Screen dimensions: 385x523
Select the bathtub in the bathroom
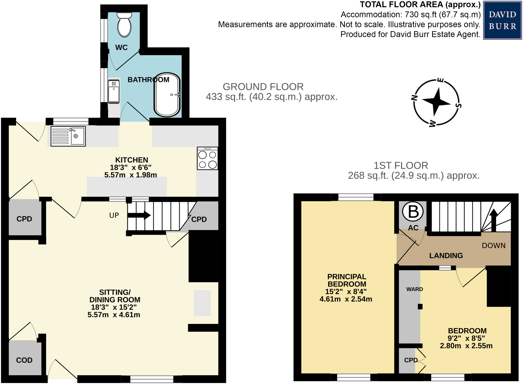[x=167, y=95]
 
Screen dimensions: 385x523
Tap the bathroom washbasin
[x=114, y=91]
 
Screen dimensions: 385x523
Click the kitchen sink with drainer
[x=68, y=136]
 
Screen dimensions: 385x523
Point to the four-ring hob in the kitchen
[x=207, y=158]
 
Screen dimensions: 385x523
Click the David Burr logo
[x=502, y=20]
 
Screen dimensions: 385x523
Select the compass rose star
[x=436, y=102]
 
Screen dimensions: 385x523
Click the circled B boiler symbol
[x=413, y=212]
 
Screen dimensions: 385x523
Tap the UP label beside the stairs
[x=114, y=215]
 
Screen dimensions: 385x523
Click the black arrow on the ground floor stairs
[x=139, y=215]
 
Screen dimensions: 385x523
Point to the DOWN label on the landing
[x=493, y=246]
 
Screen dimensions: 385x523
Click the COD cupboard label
[x=24, y=360]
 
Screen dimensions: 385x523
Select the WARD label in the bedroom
[x=414, y=289]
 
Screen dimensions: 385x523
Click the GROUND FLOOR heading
[x=263, y=87]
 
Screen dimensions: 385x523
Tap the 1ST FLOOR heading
[x=401, y=166]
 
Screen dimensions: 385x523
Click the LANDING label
[x=446, y=255]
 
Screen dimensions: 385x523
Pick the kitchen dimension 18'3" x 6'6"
[x=130, y=167]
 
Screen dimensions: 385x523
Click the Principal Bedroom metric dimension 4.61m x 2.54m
[x=346, y=299]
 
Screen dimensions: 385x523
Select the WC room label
[x=121, y=48]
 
